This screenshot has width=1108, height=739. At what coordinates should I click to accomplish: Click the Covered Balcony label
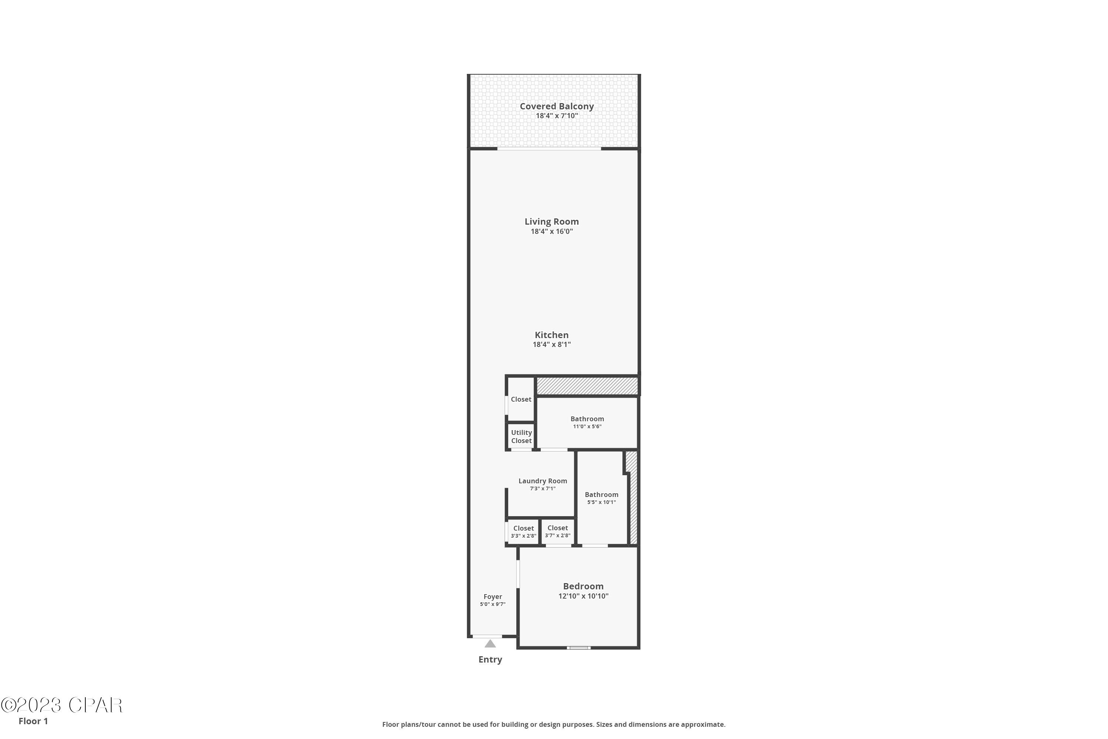click(556, 106)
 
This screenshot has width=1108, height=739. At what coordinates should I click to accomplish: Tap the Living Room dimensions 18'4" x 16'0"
click(552, 231)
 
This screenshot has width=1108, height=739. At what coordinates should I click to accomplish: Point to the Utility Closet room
click(521, 436)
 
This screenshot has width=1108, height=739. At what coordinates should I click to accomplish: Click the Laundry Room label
click(542, 481)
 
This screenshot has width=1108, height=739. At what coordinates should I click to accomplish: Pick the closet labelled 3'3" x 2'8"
click(523, 532)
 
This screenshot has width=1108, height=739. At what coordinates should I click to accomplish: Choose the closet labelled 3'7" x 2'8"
click(557, 531)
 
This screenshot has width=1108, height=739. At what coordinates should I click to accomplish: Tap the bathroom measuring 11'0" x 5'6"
click(587, 422)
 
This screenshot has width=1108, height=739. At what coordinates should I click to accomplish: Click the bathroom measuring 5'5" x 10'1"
click(601, 498)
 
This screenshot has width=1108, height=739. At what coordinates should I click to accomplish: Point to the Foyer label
click(492, 597)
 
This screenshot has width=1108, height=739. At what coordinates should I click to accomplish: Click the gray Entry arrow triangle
click(490, 644)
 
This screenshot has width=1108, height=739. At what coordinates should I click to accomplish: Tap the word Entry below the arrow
click(490, 659)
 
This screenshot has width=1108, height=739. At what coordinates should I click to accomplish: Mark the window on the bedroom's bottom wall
click(578, 648)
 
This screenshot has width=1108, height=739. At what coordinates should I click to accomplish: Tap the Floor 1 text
click(33, 721)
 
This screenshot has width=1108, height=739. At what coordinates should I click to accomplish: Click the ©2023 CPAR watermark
click(61, 705)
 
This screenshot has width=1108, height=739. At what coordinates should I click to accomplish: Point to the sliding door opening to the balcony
click(549, 149)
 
